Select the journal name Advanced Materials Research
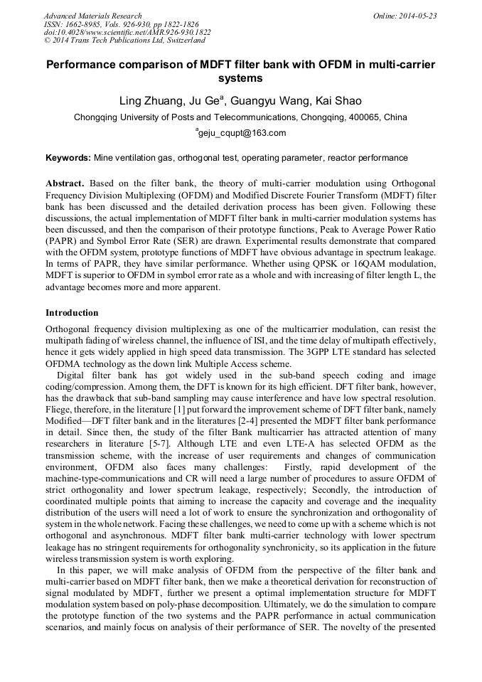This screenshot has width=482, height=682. pyautogui.click(x=92, y=16)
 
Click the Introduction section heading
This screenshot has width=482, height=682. pyautogui.click(x=72, y=313)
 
